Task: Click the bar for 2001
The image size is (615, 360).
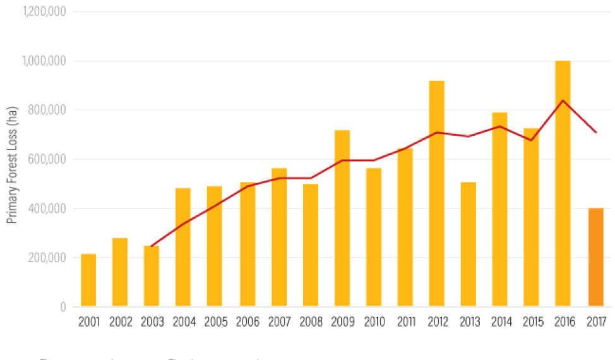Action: tap(88, 280)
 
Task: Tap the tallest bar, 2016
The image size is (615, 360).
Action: tap(563, 184)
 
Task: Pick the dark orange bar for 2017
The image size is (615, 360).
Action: tap(595, 258)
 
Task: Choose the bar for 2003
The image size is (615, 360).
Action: tap(152, 276)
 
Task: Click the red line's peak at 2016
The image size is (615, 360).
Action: tap(563, 100)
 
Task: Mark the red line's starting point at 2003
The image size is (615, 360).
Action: tap(152, 246)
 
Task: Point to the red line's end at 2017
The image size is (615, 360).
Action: tap(595, 133)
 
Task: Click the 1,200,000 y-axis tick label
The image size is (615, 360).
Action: tap(45, 12)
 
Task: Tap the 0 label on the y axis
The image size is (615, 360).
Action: tap(63, 307)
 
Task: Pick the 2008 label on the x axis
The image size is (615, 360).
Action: tap(310, 322)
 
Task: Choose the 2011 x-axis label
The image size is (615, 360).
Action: tap(405, 322)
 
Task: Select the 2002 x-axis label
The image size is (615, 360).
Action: tap(120, 322)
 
